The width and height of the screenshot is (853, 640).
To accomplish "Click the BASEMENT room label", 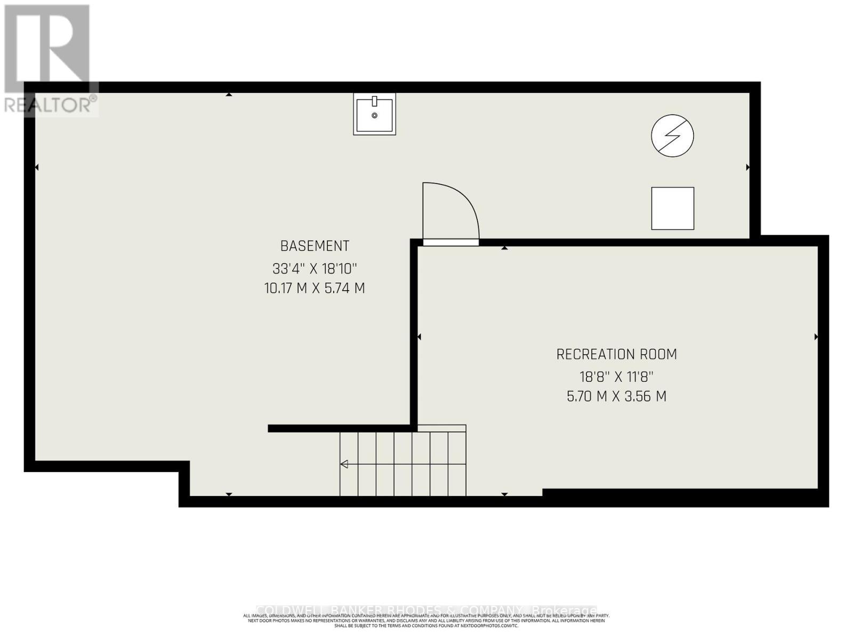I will (315, 246).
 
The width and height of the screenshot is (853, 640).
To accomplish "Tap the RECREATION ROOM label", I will (616, 354).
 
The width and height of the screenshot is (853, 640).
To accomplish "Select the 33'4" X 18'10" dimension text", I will (315, 268).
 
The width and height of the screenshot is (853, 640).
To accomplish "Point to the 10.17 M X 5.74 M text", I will (315, 289).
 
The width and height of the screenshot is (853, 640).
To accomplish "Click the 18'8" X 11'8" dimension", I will (616, 377).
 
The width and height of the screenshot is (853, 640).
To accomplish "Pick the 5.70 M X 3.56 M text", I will (616, 397).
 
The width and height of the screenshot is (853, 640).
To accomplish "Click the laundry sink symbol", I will (374, 114).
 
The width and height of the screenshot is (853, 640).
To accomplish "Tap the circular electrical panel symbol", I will (672, 135).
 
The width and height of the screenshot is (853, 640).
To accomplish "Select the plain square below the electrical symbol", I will (672, 209).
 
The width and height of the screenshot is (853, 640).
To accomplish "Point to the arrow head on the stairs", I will (344, 464).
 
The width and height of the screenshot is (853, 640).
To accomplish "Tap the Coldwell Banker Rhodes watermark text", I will (426, 610).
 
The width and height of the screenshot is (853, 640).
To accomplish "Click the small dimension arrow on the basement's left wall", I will (37, 167).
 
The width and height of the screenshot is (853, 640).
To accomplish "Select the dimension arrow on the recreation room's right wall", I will (816, 337).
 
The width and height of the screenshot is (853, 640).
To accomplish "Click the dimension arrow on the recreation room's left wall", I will (419, 337).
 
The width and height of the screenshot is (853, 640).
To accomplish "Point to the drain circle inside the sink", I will (374, 116).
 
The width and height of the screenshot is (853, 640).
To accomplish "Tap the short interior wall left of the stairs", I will (341, 428).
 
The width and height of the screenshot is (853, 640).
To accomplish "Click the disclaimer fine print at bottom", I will (426, 621).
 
